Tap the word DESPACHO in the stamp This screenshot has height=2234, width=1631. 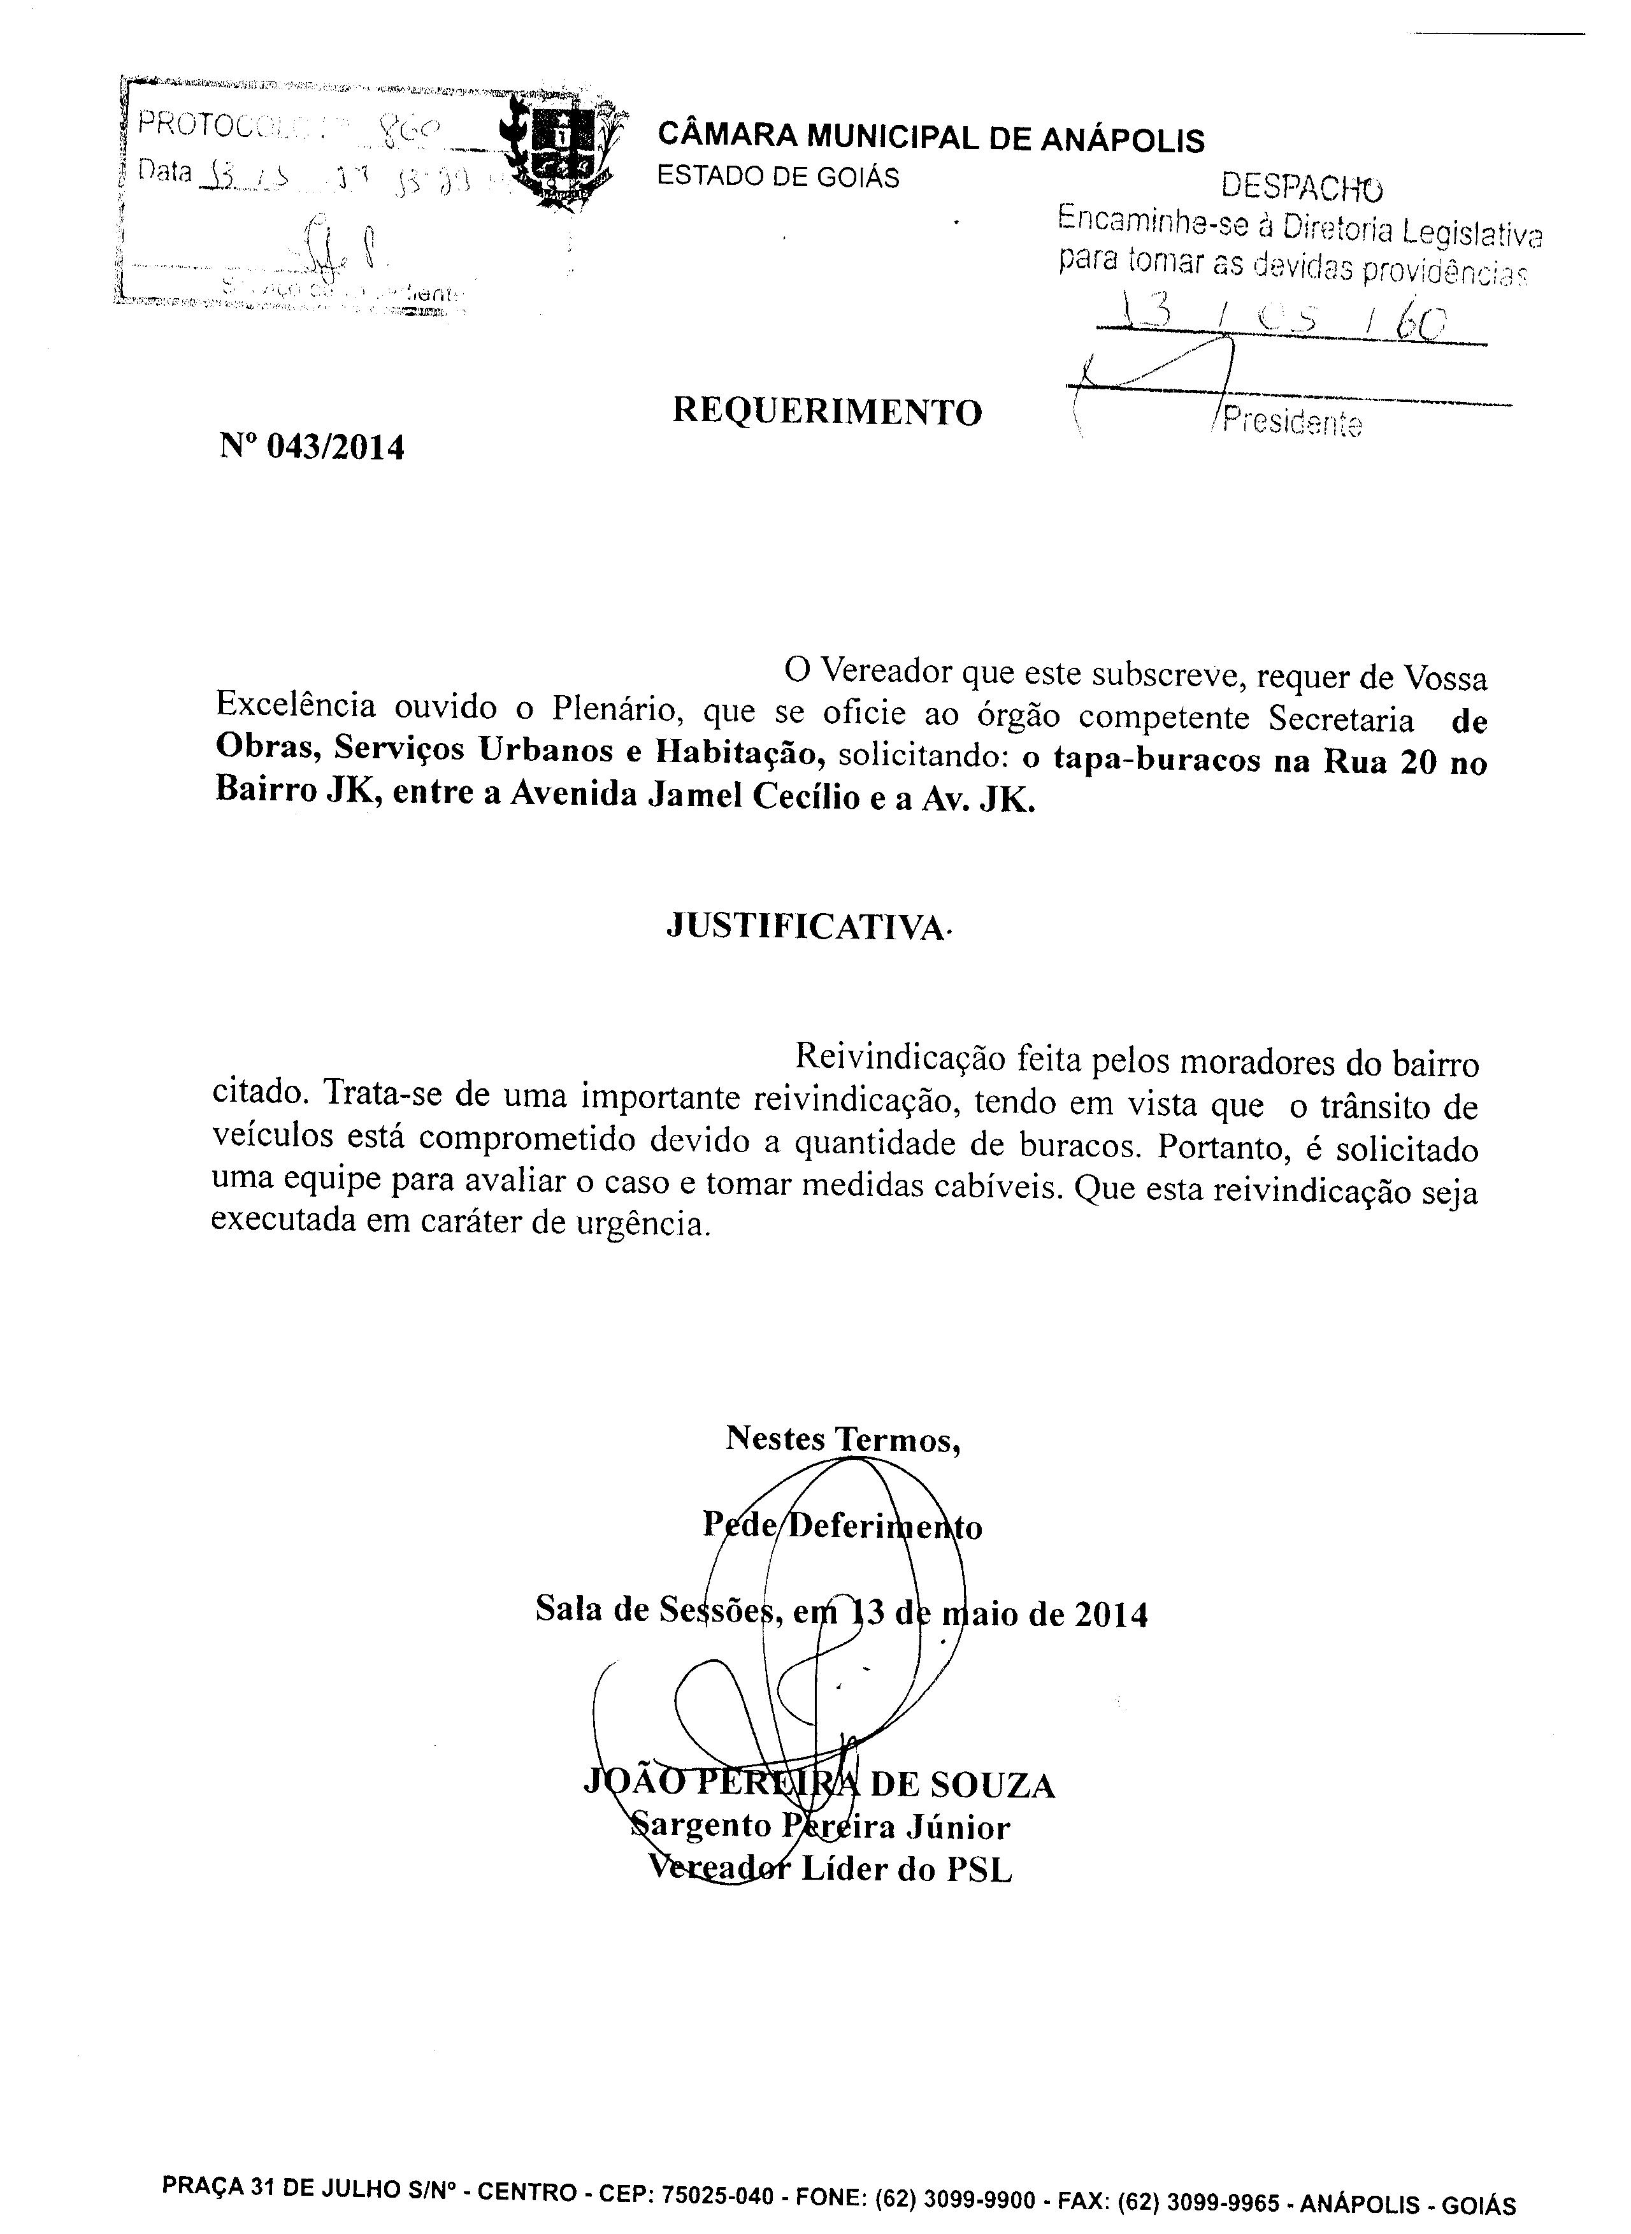click(x=1301, y=185)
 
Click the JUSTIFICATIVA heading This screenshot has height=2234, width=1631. click(x=805, y=926)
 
